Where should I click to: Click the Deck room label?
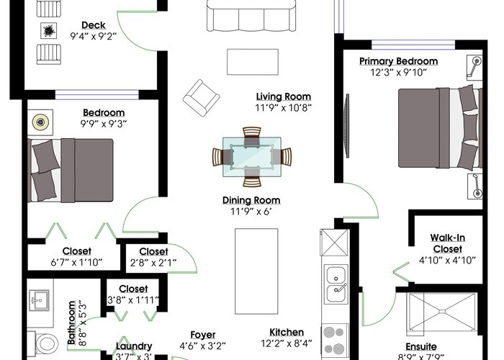click(94, 25)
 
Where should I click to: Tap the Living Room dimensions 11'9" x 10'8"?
click(283, 108)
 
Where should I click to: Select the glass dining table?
click(252, 157)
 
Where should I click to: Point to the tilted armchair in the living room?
click(201, 98)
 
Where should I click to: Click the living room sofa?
click(251, 15)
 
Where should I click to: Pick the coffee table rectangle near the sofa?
click(253, 62)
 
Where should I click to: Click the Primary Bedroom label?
click(398, 61)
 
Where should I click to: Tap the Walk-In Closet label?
click(447, 243)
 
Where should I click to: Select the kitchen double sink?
click(336, 284)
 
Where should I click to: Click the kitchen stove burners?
click(334, 341)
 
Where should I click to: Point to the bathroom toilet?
click(44, 343)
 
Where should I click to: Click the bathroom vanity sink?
click(39, 300)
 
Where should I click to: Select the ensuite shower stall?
click(442, 312)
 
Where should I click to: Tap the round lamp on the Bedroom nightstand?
click(40, 122)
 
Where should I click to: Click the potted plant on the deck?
click(49, 31)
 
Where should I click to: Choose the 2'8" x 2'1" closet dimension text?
click(153, 263)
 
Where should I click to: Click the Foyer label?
click(203, 335)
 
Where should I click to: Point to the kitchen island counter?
click(256, 271)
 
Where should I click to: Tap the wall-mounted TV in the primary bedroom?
click(347, 126)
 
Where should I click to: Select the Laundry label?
click(134, 346)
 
